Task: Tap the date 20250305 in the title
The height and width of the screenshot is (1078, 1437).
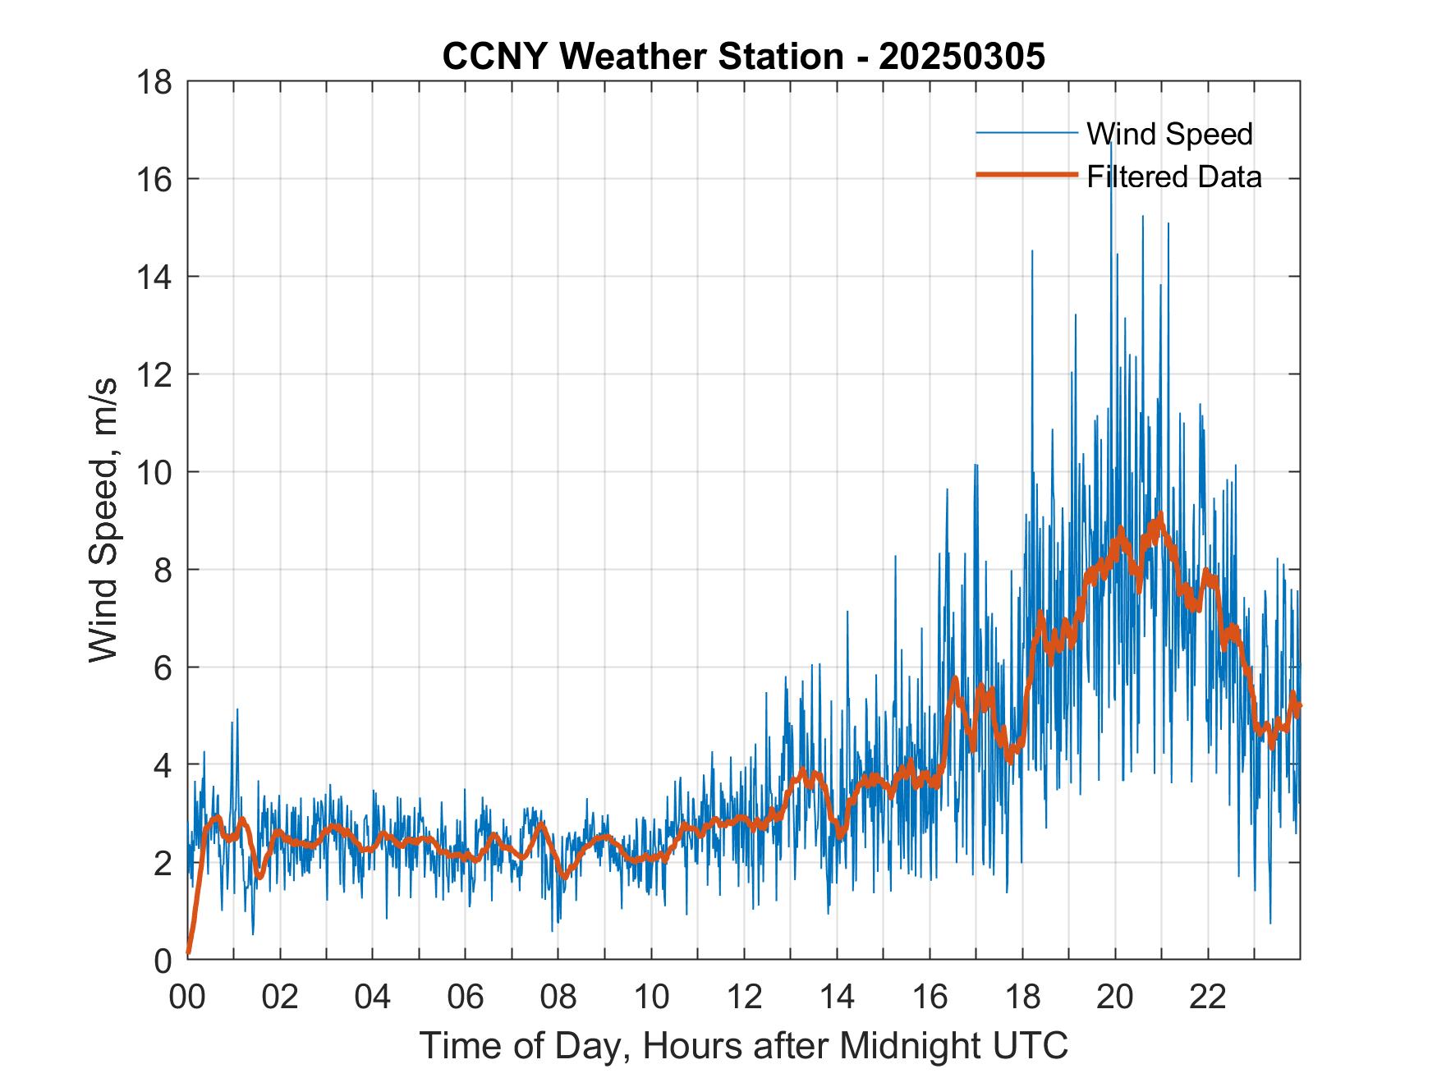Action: click(x=962, y=57)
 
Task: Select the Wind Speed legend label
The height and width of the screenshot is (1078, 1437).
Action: click(x=1169, y=134)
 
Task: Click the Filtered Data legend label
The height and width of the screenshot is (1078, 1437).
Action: click(x=1173, y=177)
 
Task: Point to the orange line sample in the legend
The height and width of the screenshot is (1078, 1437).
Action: click(x=1026, y=175)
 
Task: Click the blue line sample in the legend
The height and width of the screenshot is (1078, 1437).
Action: click(x=1026, y=133)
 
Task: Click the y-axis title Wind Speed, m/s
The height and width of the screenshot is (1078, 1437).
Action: click(x=104, y=520)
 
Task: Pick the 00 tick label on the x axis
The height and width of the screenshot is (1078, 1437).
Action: click(x=187, y=998)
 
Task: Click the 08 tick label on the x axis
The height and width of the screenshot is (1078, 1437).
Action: click(x=558, y=998)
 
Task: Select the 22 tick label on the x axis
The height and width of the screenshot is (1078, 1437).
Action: click(x=1208, y=998)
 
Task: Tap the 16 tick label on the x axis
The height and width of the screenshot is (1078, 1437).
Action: click(x=930, y=998)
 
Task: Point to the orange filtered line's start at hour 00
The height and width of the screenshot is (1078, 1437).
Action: click(x=189, y=952)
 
